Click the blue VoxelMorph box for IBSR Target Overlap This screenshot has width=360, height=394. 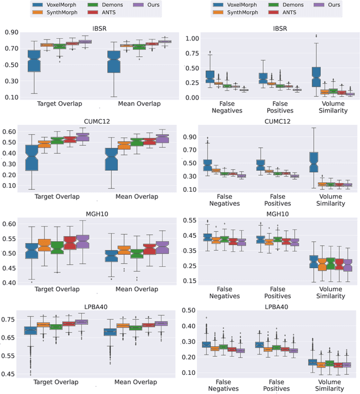(34, 61)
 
